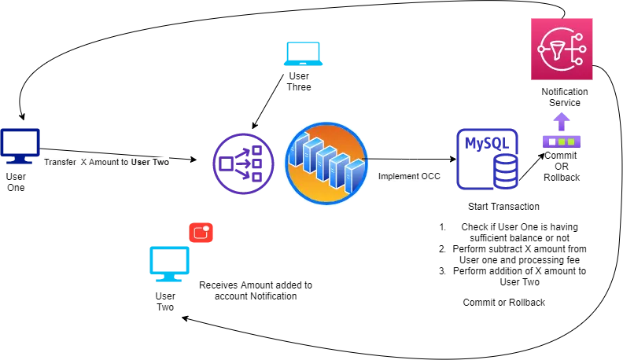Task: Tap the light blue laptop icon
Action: tap(304, 53)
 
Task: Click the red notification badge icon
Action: tap(201, 233)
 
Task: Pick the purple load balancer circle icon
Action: tap(244, 163)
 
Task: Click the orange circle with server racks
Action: tap(326, 163)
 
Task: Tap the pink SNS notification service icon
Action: tap(562, 49)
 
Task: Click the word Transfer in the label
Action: tap(61, 163)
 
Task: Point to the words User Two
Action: tap(150, 163)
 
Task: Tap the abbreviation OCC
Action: tap(429, 177)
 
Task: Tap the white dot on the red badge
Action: tap(207, 229)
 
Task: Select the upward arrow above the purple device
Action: tap(562, 120)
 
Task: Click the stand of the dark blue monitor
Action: tap(21, 163)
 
